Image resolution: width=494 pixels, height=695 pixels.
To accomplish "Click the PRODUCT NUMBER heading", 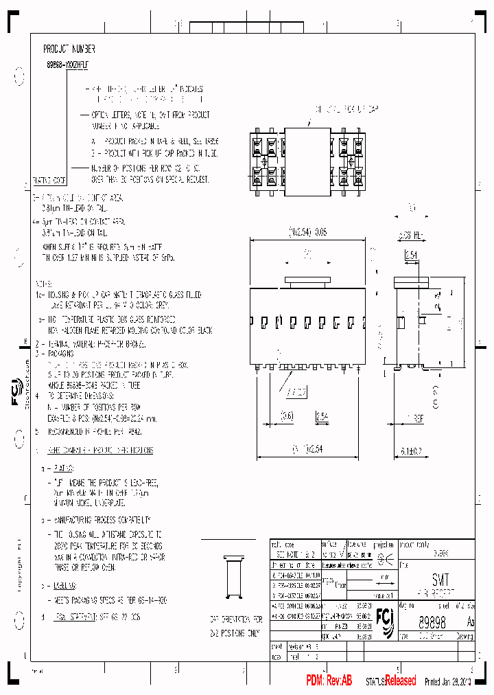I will click(69, 49).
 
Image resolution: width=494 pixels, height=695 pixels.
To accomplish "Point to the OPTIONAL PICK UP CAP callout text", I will click(346, 109).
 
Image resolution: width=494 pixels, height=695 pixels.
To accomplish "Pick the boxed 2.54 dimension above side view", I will click(410, 255).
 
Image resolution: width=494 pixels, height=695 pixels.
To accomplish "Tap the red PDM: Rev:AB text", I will click(329, 681).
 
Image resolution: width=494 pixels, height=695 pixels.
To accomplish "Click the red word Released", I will click(400, 681).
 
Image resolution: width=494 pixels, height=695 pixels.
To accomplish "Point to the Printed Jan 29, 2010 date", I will click(449, 681).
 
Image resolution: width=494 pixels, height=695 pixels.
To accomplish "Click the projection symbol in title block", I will click(386, 558).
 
